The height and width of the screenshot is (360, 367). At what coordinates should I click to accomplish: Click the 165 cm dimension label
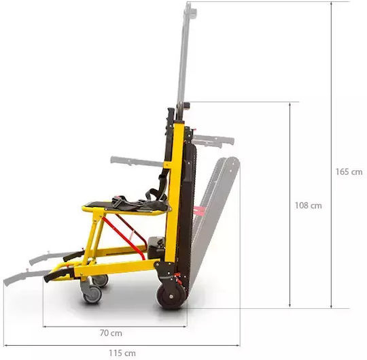349,171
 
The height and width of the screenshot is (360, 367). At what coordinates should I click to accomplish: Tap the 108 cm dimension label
308,206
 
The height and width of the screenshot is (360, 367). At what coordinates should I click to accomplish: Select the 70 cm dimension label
111,333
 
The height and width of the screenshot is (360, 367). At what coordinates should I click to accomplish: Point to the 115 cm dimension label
122,353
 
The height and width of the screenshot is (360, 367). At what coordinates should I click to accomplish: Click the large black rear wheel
171,297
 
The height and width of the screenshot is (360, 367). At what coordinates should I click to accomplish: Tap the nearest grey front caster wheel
92,294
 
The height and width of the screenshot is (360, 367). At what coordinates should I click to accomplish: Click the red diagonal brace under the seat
123,238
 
